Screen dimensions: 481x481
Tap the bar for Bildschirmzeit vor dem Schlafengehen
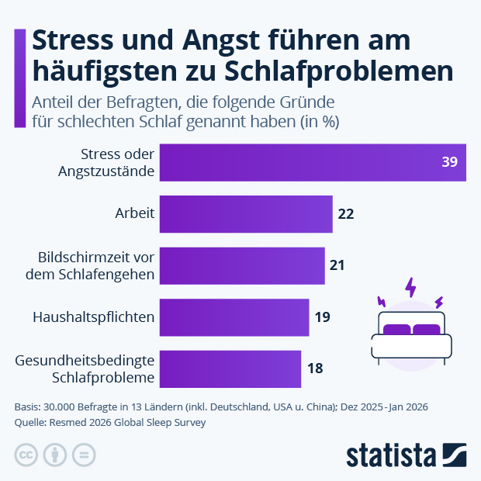(x=241, y=265)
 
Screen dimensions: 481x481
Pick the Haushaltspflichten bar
(x=234, y=317)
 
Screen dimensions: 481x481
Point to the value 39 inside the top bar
(x=450, y=162)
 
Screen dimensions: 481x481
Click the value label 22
(x=346, y=214)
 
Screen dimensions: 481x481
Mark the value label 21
(x=337, y=265)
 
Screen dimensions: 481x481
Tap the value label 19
(x=323, y=317)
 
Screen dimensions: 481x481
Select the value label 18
(x=315, y=369)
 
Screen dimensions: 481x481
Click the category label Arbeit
(x=134, y=214)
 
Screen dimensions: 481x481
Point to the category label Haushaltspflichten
(x=94, y=317)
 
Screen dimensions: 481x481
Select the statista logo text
(x=392, y=455)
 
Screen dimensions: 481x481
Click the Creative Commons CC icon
(x=26, y=455)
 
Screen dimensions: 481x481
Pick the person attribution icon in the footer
(x=55, y=455)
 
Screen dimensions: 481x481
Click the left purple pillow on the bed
(x=396, y=330)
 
